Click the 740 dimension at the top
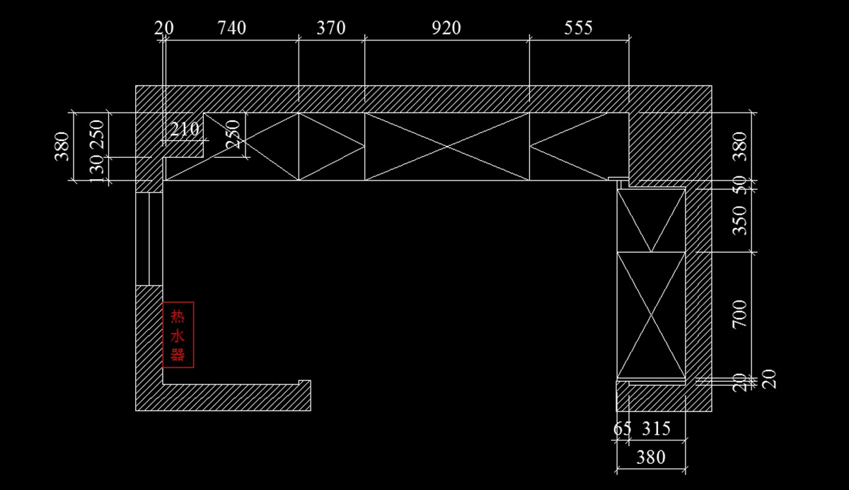point(231,28)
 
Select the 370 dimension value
point(330,28)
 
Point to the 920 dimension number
point(446,28)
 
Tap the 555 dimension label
point(578,28)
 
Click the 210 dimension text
point(185,130)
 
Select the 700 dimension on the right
point(739,314)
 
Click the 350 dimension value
point(739,220)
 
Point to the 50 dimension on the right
point(739,186)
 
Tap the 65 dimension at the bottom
point(623,428)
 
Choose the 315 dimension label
point(656,428)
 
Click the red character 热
point(178,317)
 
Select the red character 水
point(178,335)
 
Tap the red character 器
point(178,354)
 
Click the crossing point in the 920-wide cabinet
point(446,147)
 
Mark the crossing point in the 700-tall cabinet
point(652,315)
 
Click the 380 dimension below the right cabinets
point(650,457)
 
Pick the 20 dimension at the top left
point(163,28)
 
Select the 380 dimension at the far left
point(63,147)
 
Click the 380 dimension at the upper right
point(739,147)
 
